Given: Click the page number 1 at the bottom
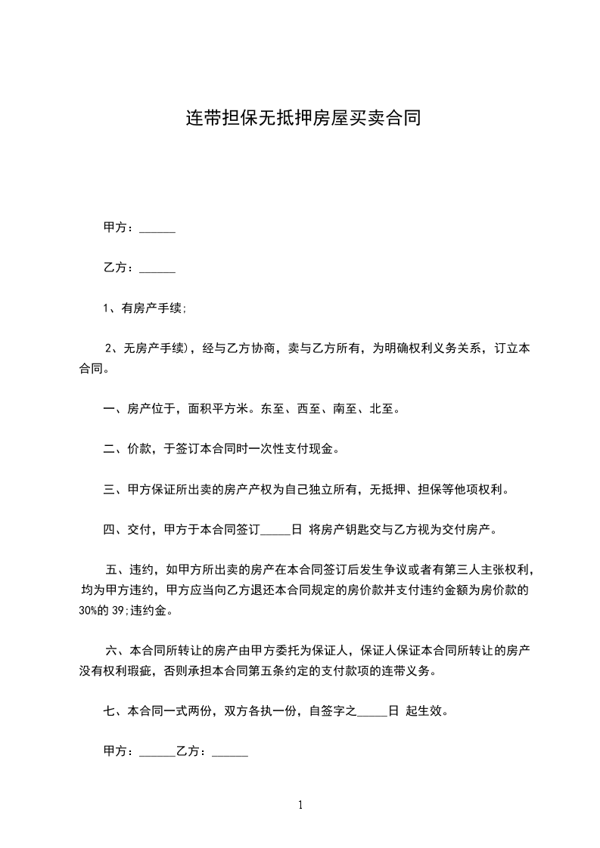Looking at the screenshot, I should click(300, 805).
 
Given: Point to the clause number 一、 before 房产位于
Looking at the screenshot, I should click(113, 410).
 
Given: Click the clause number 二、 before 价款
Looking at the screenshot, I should click(113, 449).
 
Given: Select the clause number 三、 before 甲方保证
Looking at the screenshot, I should click(113, 489).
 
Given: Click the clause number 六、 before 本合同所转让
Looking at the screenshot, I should click(118, 650).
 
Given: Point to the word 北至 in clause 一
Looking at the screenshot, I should click(381, 410).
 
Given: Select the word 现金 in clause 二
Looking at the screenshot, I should click(322, 449).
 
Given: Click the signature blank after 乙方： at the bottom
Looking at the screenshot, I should click(230, 754).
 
